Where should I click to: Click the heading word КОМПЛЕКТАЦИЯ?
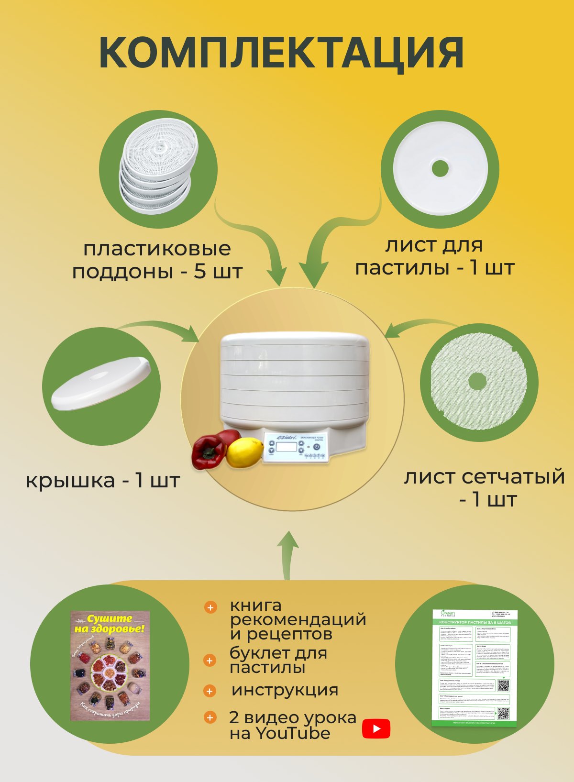[281, 53]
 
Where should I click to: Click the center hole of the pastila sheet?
[440, 168]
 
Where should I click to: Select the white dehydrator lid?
[101, 383]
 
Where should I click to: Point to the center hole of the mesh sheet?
[477, 381]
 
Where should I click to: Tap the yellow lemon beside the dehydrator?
[244, 452]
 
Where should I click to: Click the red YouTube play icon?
[376, 728]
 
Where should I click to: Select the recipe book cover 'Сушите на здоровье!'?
[110, 665]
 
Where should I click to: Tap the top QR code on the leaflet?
[503, 685]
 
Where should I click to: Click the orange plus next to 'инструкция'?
[210, 691]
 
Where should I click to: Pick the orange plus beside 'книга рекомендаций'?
[210, 607]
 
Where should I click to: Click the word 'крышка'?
[70, 481]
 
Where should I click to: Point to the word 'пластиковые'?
[157, 249]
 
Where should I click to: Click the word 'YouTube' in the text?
[292, 733]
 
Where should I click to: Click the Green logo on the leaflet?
[448, 613]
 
